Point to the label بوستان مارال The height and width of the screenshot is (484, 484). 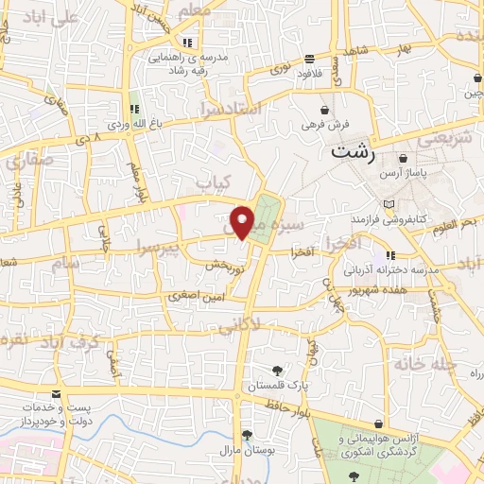coord(249,452)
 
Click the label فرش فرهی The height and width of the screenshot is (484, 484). coord(326,124)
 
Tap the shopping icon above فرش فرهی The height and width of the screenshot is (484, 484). coord(325,109)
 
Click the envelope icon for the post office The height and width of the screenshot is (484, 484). coord(57,392)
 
